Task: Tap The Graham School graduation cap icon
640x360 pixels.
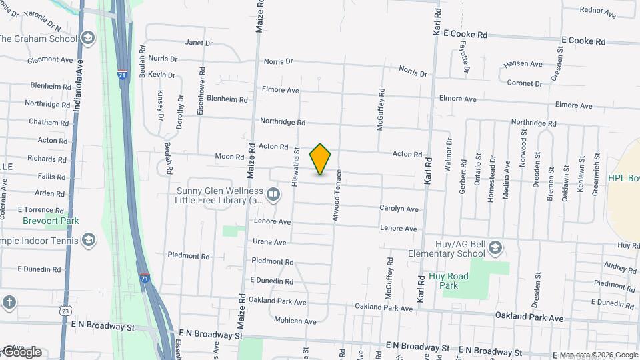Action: [87, 38]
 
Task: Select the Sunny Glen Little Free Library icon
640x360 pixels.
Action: [273, 194]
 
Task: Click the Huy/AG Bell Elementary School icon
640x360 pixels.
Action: [495, 249]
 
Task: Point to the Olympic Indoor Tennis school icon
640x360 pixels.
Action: [88, 241]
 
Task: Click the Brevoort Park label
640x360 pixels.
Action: [51, 221]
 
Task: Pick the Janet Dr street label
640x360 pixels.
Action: [198, 43]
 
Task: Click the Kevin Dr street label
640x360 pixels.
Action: [162, 75]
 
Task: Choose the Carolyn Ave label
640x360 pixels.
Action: [399, 209]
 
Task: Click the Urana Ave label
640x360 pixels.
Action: [269, 242]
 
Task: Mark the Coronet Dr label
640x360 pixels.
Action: [525, 83]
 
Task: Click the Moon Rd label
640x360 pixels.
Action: [229, 157]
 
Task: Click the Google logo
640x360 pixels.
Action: [21, 352]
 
